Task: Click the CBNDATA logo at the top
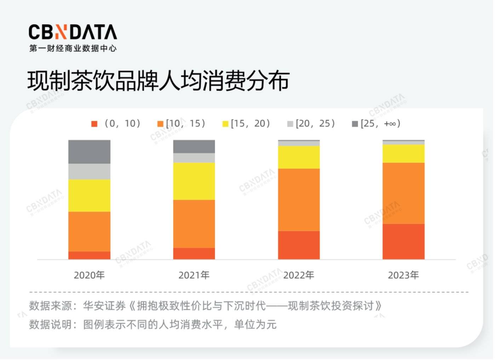[73, 32]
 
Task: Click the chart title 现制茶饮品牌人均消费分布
[159, 81]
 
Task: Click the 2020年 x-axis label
[89, 275]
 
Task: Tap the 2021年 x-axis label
[194, 275]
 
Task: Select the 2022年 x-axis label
[299, 275]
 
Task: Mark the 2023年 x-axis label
[403, 275]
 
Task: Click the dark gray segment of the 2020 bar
[89, 152]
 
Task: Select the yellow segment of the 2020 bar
[89, 195]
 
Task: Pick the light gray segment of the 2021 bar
[194, 158]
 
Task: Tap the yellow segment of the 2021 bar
[194, 181]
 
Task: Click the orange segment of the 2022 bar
[299, 200]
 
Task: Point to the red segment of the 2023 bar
[403, 241]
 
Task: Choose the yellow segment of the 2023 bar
[403, 154]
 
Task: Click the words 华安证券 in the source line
[104, 305]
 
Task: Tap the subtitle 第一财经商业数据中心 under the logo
[73, 48]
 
